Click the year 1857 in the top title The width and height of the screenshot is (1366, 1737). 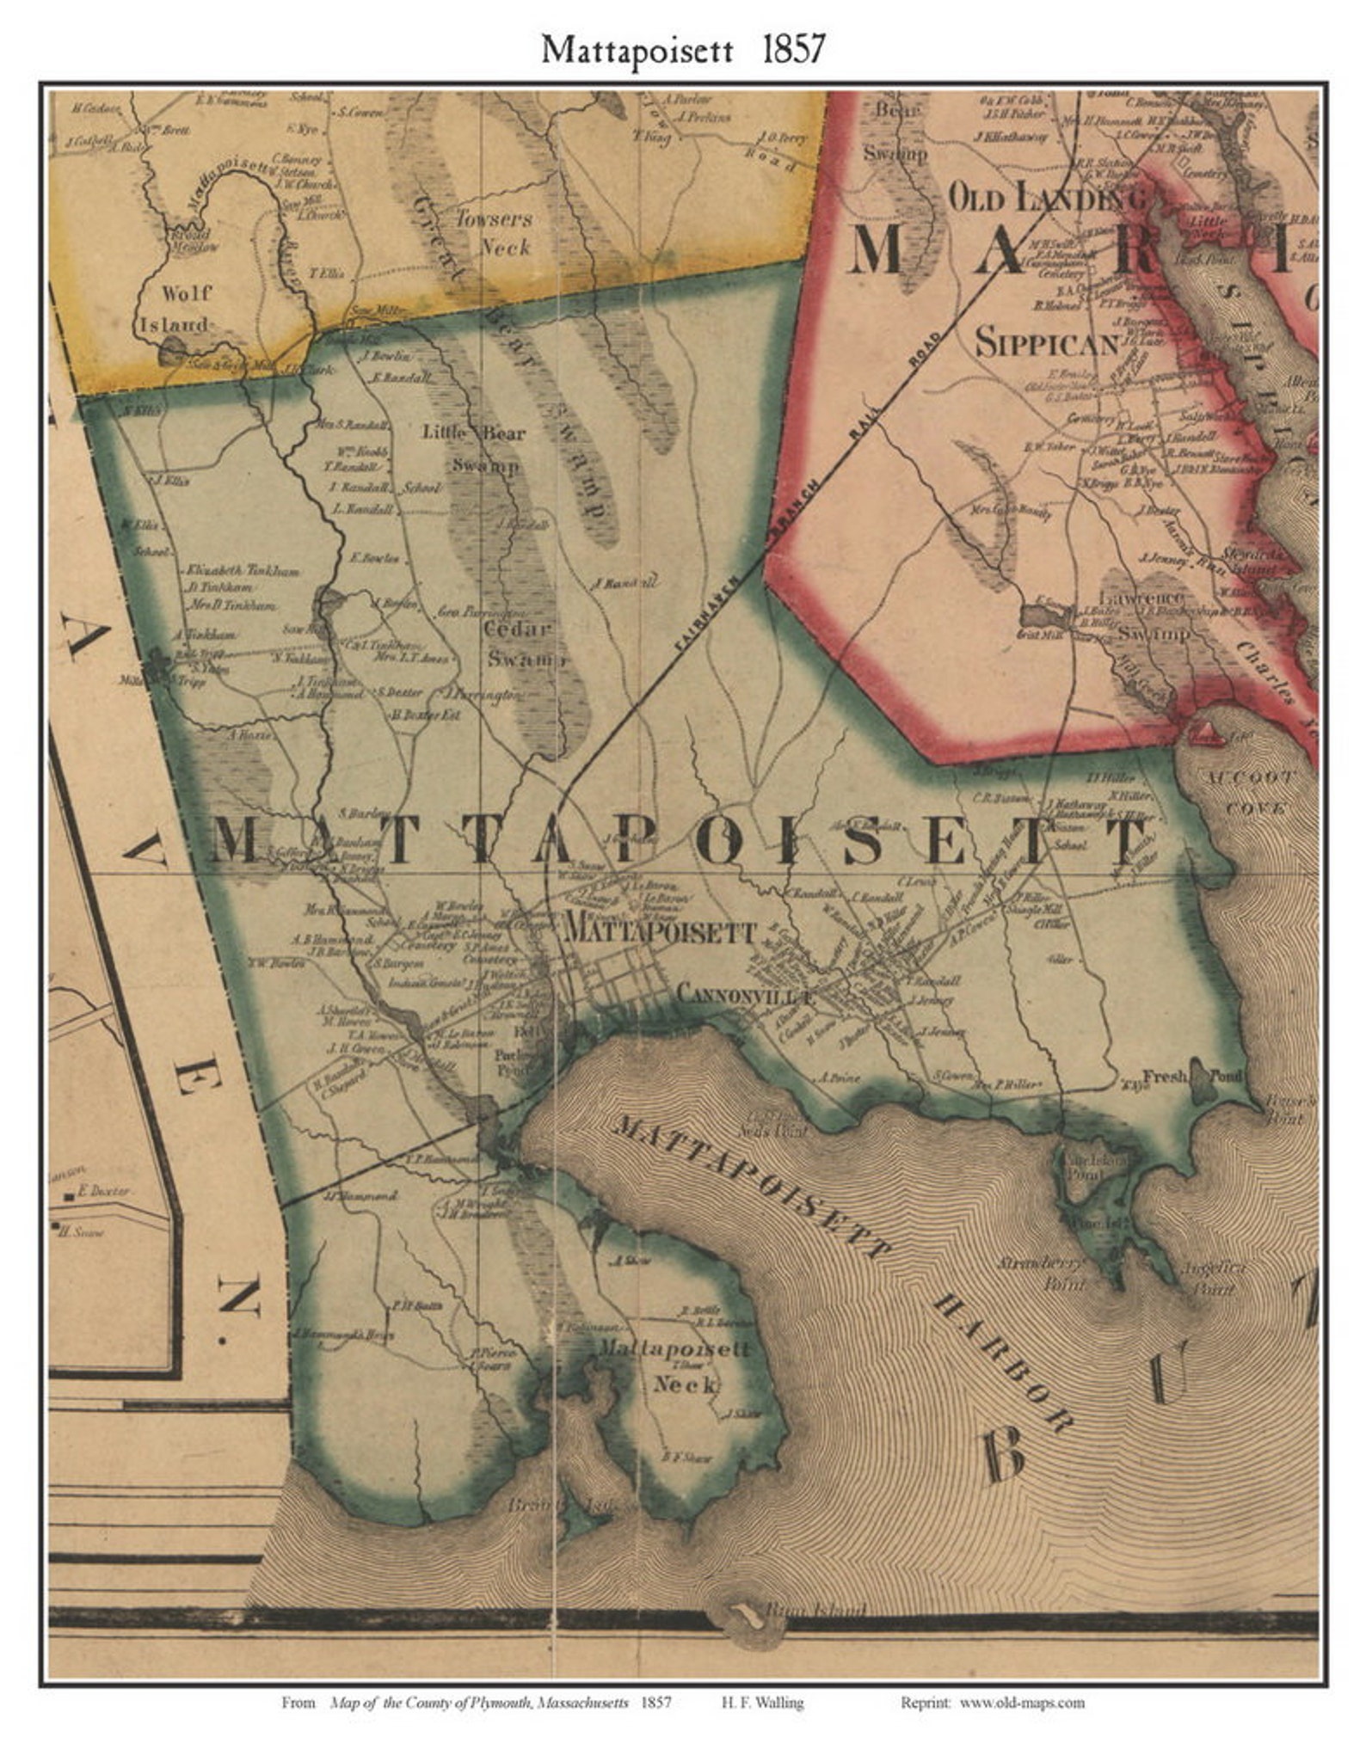point(792,50)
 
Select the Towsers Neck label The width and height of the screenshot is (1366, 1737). point(493,233)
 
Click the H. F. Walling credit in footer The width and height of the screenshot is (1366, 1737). point(758,1702)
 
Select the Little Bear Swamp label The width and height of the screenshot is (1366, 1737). point(476,448)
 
